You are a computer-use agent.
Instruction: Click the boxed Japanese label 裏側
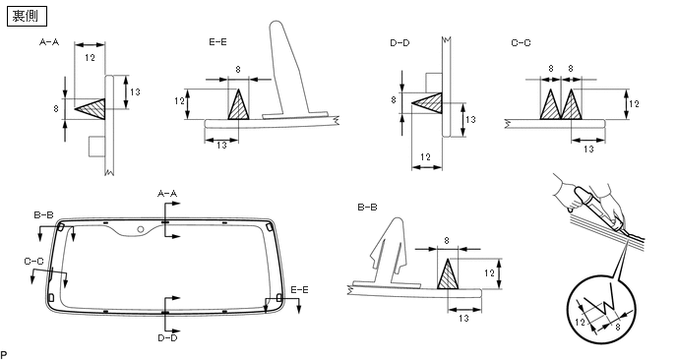(27, 17)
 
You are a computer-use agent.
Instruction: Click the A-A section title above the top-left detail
(49, 42)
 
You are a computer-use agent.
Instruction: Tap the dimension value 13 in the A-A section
(135, 91)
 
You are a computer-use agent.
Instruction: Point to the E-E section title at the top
(217, 42)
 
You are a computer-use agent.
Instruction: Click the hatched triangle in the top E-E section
(239, 106)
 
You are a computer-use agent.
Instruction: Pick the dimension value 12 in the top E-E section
(180, 101)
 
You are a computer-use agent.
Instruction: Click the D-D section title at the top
(400, 42)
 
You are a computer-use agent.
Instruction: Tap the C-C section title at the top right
(521, 42)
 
